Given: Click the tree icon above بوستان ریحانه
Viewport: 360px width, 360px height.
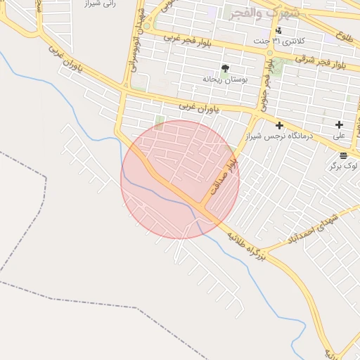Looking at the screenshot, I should coord(225,68).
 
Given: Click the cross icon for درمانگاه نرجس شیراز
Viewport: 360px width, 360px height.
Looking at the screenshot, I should coord(279,124).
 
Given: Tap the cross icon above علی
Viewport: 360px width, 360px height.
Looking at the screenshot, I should coord(339,124).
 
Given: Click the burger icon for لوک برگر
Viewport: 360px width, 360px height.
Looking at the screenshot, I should coord(342,155).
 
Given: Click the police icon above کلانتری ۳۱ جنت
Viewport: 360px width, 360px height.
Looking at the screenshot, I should coord(278,30).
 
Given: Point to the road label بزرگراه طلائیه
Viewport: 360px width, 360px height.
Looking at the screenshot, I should coord(246,247).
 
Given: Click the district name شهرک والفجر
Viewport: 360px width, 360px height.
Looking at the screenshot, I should coord(264,13).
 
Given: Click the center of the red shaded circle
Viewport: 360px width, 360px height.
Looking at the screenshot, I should coord(180,179).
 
